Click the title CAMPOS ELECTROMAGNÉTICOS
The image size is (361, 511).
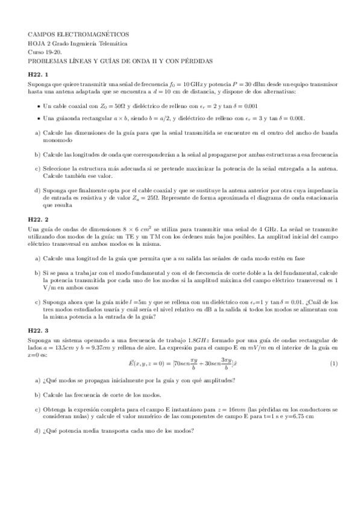(78, 36)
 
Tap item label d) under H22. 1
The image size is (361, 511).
(38, 190)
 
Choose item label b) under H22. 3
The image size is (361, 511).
(38, 395)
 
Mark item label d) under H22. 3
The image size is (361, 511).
(38, 431)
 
